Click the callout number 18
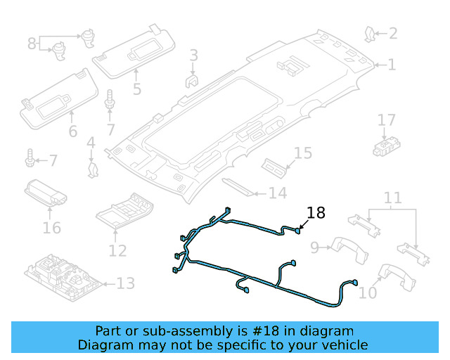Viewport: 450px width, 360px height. click(x=316, y=212)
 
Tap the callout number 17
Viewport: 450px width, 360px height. click(x=387, y=120)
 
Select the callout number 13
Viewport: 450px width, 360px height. click(x=125, y=284)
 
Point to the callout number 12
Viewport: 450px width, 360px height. click(x=117, y=250)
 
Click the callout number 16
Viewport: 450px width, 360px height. click(x=51, y=228)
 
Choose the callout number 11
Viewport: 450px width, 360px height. click(x=392, y=198)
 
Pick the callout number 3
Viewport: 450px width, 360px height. click(x=193, y=55)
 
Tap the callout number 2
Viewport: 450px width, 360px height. click(x=392, y=33)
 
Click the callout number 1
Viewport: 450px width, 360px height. click(x=392, y=65)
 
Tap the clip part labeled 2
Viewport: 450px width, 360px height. click(x=370, y=32)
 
